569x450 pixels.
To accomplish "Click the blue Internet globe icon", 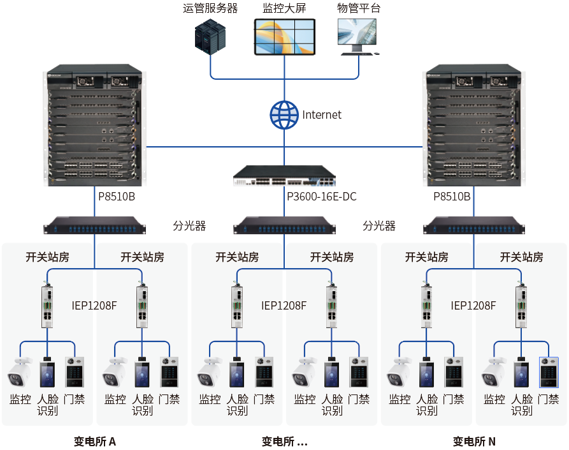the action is pyautogui.click(x=284, y=115).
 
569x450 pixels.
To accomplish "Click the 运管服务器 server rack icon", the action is pyautogui.click(x=210, y=37).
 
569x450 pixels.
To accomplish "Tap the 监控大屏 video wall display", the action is pyautogui.click(x=284, y=37).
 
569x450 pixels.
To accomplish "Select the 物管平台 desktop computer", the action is pyautogui.click(x=359, y=37).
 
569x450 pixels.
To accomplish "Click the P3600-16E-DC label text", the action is pyautogui.click(x=322, y=197).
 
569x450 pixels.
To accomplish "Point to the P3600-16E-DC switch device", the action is pyautogui.click(x=284, y=176).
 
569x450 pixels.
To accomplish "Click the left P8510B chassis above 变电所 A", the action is pyautogui.click(x=95, y=125).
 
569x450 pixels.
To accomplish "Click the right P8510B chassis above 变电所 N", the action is pyautogui.click(x=473, y=125).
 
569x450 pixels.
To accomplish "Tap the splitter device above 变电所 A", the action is pyautogui.click(x=95, y=225).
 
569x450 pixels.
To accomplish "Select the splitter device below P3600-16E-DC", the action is pyautogui.click(x=284, y=225).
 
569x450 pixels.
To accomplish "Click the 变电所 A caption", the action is pyautogui.click(x=95, y=441).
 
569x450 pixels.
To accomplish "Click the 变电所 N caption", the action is pyautogui.click(x=474, y=441).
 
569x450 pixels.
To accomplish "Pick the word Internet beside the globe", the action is pyautogui.click(x=322, y=115).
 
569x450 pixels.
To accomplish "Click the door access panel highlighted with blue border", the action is pyautogui.click(x=549, y=372).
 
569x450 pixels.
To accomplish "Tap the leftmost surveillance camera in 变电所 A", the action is pyautogui.click(x=20, y=372).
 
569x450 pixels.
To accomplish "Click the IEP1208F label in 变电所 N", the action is pyautogui.click(x=473, y=306).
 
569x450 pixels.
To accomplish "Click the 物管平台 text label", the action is pyautogui.click(x=359, y=8).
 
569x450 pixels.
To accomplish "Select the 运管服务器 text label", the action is pyautogui.click(x=210, y=8).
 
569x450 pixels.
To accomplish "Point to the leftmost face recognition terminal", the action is pyautogui.click(x=47, y=373).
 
